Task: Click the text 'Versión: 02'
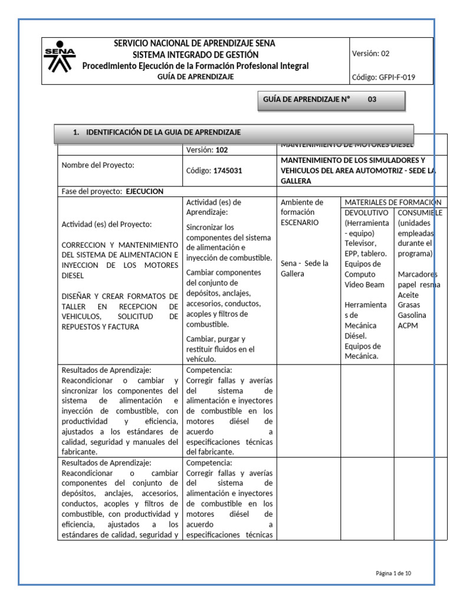tap(370, 53)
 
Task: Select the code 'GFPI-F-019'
tap(397, 77)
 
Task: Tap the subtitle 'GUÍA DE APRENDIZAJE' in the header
tap(195, 77)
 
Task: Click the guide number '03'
tap(372, 100)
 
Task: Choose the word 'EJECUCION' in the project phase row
tap(145, 191)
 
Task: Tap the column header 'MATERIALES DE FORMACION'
tap(393, 202)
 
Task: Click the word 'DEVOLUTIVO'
tap(366, 212)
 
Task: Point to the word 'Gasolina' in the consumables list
tap(412, 315)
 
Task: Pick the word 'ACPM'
tap(408, 325)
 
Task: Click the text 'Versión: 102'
tap(206, 150)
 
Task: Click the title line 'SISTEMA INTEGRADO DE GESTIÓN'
tap(195, 54)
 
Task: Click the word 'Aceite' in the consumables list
tap(409, 294)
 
